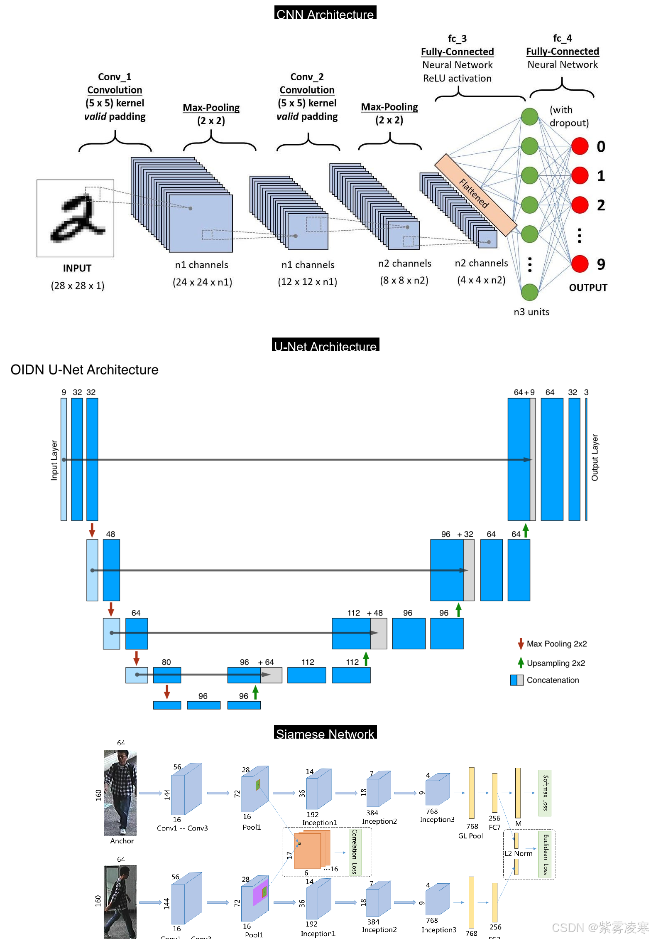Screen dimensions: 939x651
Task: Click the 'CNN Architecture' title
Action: pyautogui.click(x=325, y=13)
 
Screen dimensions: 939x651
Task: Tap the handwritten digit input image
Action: pyautogui.click(x=75, y=218)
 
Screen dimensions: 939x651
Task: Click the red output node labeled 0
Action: pyautogui.click(x=580, y=146)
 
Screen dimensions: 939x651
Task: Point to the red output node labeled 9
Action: pyautogui.click(x=580, y=264)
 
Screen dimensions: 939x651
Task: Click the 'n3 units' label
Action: pyautogui.click(x=531, y=312)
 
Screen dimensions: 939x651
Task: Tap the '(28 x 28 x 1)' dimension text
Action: pyautogui.click(x=78, y=286)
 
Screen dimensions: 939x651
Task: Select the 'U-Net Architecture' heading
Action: pyautogui.click(x=325, y=345)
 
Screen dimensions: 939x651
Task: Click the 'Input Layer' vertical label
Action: pyautogui.click(x=54, y=460)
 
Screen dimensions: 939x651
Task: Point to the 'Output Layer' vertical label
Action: pyautogui.click(x=595, y=458)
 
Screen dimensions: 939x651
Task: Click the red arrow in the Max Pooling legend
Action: pyautogui.click(x=521, y=644)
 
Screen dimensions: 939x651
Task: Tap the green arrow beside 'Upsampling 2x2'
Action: pyautogui.click(x=521, y=663)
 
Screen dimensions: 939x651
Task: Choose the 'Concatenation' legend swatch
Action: pyautogui.click(x=517, y=680)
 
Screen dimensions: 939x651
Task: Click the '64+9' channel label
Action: pyautogui.click(x=524, y=392)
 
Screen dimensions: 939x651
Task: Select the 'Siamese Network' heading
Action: pyautogui.click(x=325, y=733)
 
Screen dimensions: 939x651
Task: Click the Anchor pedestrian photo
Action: pyautogui.click(x=120, y=793)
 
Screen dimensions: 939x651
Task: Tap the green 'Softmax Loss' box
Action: pyautogui.click(x=545, y=793)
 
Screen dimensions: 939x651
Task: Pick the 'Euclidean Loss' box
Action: pyautogui.click(x=546, y=854)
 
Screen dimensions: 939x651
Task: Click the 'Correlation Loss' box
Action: pyautogui.click(x=355, y=852)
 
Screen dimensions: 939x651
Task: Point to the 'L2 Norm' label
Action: pyautogui.click(x=519, y=853)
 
